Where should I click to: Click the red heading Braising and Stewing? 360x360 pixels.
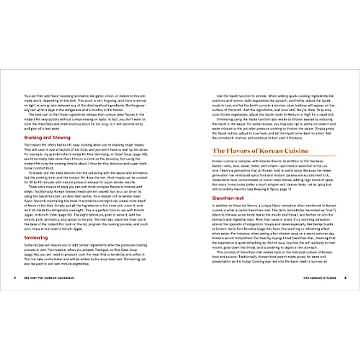(x=47, y=138)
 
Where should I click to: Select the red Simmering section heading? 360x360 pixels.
(x=36, y=238)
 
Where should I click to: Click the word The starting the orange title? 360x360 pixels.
(x=218, y=151)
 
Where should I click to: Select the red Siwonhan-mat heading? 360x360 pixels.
(x=228, y=198)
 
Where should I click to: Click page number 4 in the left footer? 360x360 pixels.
(x=15, y=278)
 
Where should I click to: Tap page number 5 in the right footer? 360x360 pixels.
(x=345, y=278)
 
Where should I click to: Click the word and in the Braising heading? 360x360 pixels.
(x=47, y=138)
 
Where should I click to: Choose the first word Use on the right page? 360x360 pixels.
(x=219, y=96)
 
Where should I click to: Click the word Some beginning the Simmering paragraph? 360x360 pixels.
(x=27, y=245)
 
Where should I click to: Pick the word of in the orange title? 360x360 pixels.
(x=254, y=151)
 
